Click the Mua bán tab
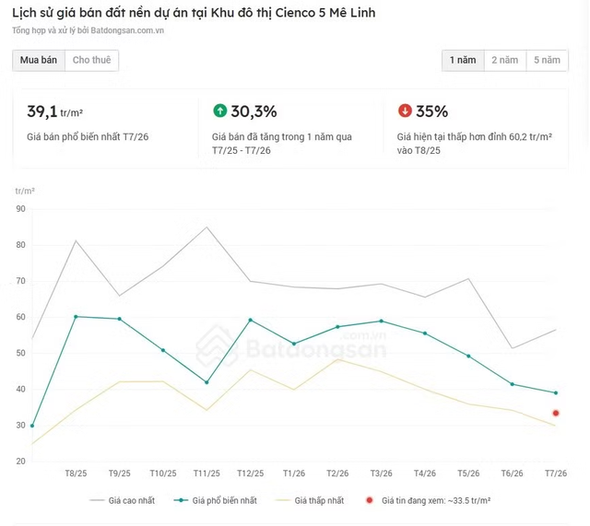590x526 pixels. (x=39, y=60)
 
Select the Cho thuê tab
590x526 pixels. (x=92, y=60)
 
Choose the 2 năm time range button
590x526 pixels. (x=505, y=60)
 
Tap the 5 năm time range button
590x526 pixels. (x=547, y=60)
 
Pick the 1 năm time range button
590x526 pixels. (x=463, y=60)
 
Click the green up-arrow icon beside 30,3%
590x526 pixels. (x=220, y=111)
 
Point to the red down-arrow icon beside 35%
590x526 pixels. (x=405, y=111)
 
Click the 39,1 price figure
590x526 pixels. (x=42, y=111)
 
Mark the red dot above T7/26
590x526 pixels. (x=556, y=414)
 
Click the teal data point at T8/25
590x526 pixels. (x=76, y=317)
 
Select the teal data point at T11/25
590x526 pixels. (x=206, y=382)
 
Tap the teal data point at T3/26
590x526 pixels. (x=381, y=321)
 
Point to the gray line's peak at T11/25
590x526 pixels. (x=206, y=227)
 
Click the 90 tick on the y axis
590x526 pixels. (x=20, y=209)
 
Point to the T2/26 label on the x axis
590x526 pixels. (x=337, y=473)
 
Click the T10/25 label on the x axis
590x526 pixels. (x=163, y=473)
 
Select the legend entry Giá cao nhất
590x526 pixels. (x=123, y=501)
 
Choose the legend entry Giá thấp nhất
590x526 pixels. (x=310, y=501)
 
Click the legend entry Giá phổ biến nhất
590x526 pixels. (x=215, y=501)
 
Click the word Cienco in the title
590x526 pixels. (x=293, y=13)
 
